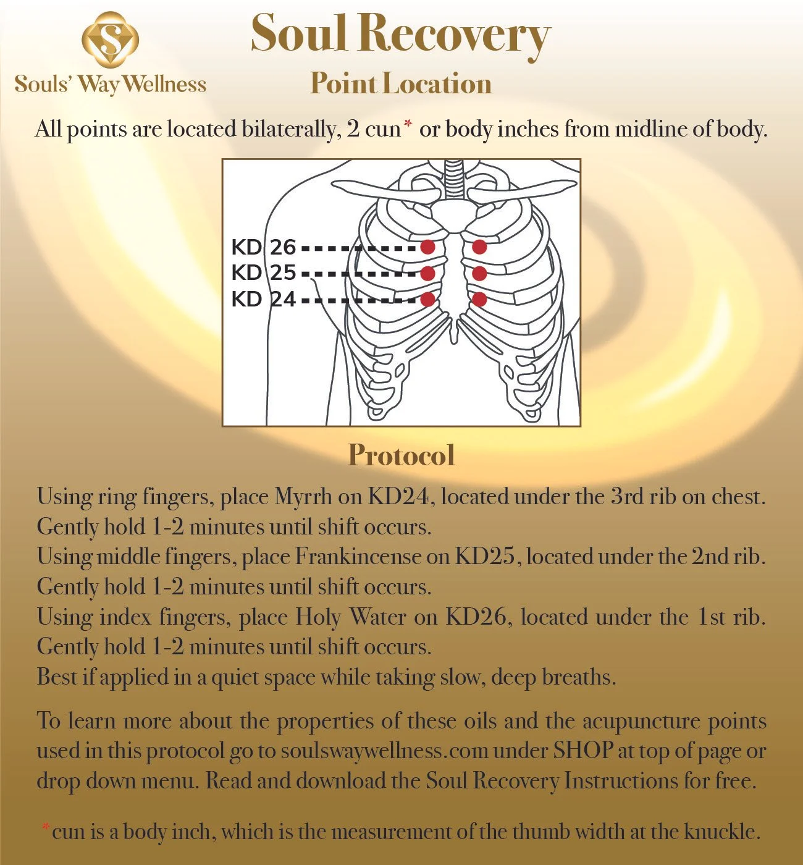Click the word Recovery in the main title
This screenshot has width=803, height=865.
point(453,35)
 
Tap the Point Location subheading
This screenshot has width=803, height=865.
point(401,83)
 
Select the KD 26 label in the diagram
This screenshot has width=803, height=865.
point(264,247)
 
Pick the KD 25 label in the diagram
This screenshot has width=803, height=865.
point(264,272)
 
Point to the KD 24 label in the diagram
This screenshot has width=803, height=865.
point(264,299)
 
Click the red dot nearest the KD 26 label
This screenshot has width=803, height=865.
point(427,247)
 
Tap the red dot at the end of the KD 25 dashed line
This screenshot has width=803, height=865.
point(427,273)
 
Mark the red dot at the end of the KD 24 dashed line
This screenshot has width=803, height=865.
point(427,299)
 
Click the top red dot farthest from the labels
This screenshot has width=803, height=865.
point(479,247)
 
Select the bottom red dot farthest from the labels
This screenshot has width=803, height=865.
point(479,299)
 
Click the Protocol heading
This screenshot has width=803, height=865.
point(401,455)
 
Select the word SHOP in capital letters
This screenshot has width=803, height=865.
point(582,751)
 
